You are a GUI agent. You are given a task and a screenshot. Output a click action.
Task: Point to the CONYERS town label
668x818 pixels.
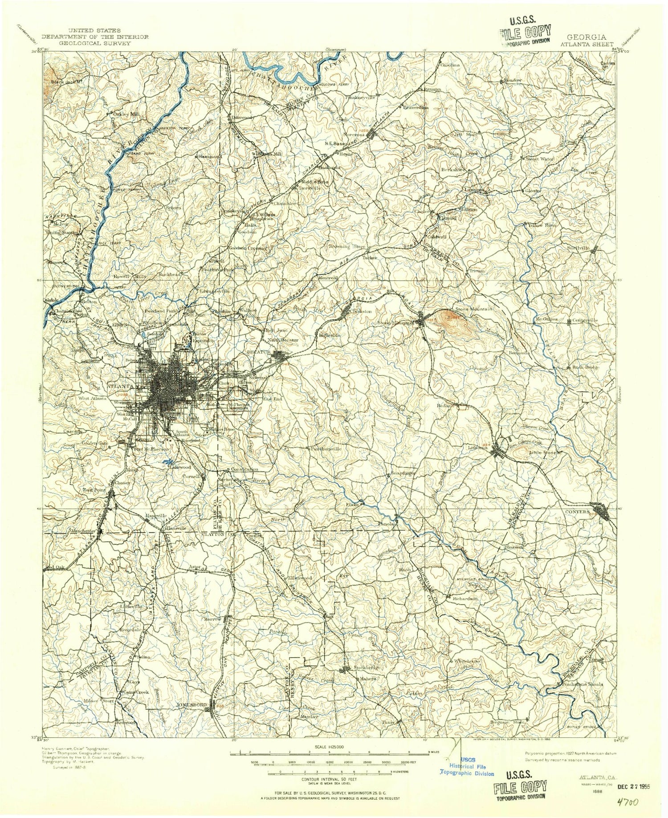point(578,512)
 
